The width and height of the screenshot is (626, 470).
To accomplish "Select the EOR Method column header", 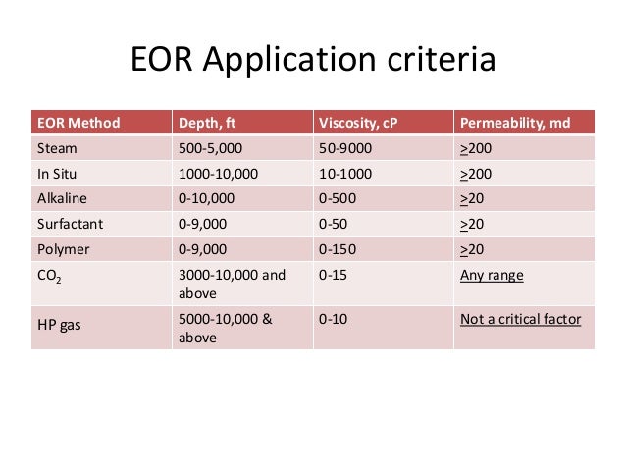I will pos(78,124).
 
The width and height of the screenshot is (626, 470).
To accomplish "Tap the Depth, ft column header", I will pos(210,124).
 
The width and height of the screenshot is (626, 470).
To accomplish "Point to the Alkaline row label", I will pos(62,198).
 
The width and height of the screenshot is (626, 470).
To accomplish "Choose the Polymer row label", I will pos(63,249).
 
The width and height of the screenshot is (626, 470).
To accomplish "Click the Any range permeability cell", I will pos(492,275).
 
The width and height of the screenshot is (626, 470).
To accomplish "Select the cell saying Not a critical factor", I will pos(520,318).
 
